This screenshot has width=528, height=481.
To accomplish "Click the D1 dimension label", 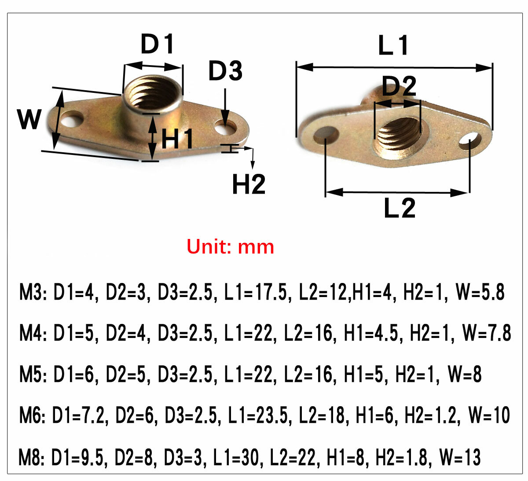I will [x=157, y=44].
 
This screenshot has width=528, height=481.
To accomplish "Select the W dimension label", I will [x=29, y=119].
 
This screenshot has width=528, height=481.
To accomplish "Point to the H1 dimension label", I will [x=177, y=139].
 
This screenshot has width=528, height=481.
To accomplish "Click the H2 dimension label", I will [x=249, y=184].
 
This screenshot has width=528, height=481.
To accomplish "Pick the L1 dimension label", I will [x=393, y=45].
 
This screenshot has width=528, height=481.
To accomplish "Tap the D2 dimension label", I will [x=399, y=86].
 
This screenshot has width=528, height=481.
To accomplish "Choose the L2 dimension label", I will [x=399, y=208].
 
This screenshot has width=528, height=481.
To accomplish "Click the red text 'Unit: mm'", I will [x=230, y=246].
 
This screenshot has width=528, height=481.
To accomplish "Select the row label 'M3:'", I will [x=33, y=293].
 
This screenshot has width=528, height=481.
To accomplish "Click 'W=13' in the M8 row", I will [x=460, y=458].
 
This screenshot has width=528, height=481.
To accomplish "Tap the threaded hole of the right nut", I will [x=398, y=132].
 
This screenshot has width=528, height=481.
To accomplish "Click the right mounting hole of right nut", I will [x=470, y=140].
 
